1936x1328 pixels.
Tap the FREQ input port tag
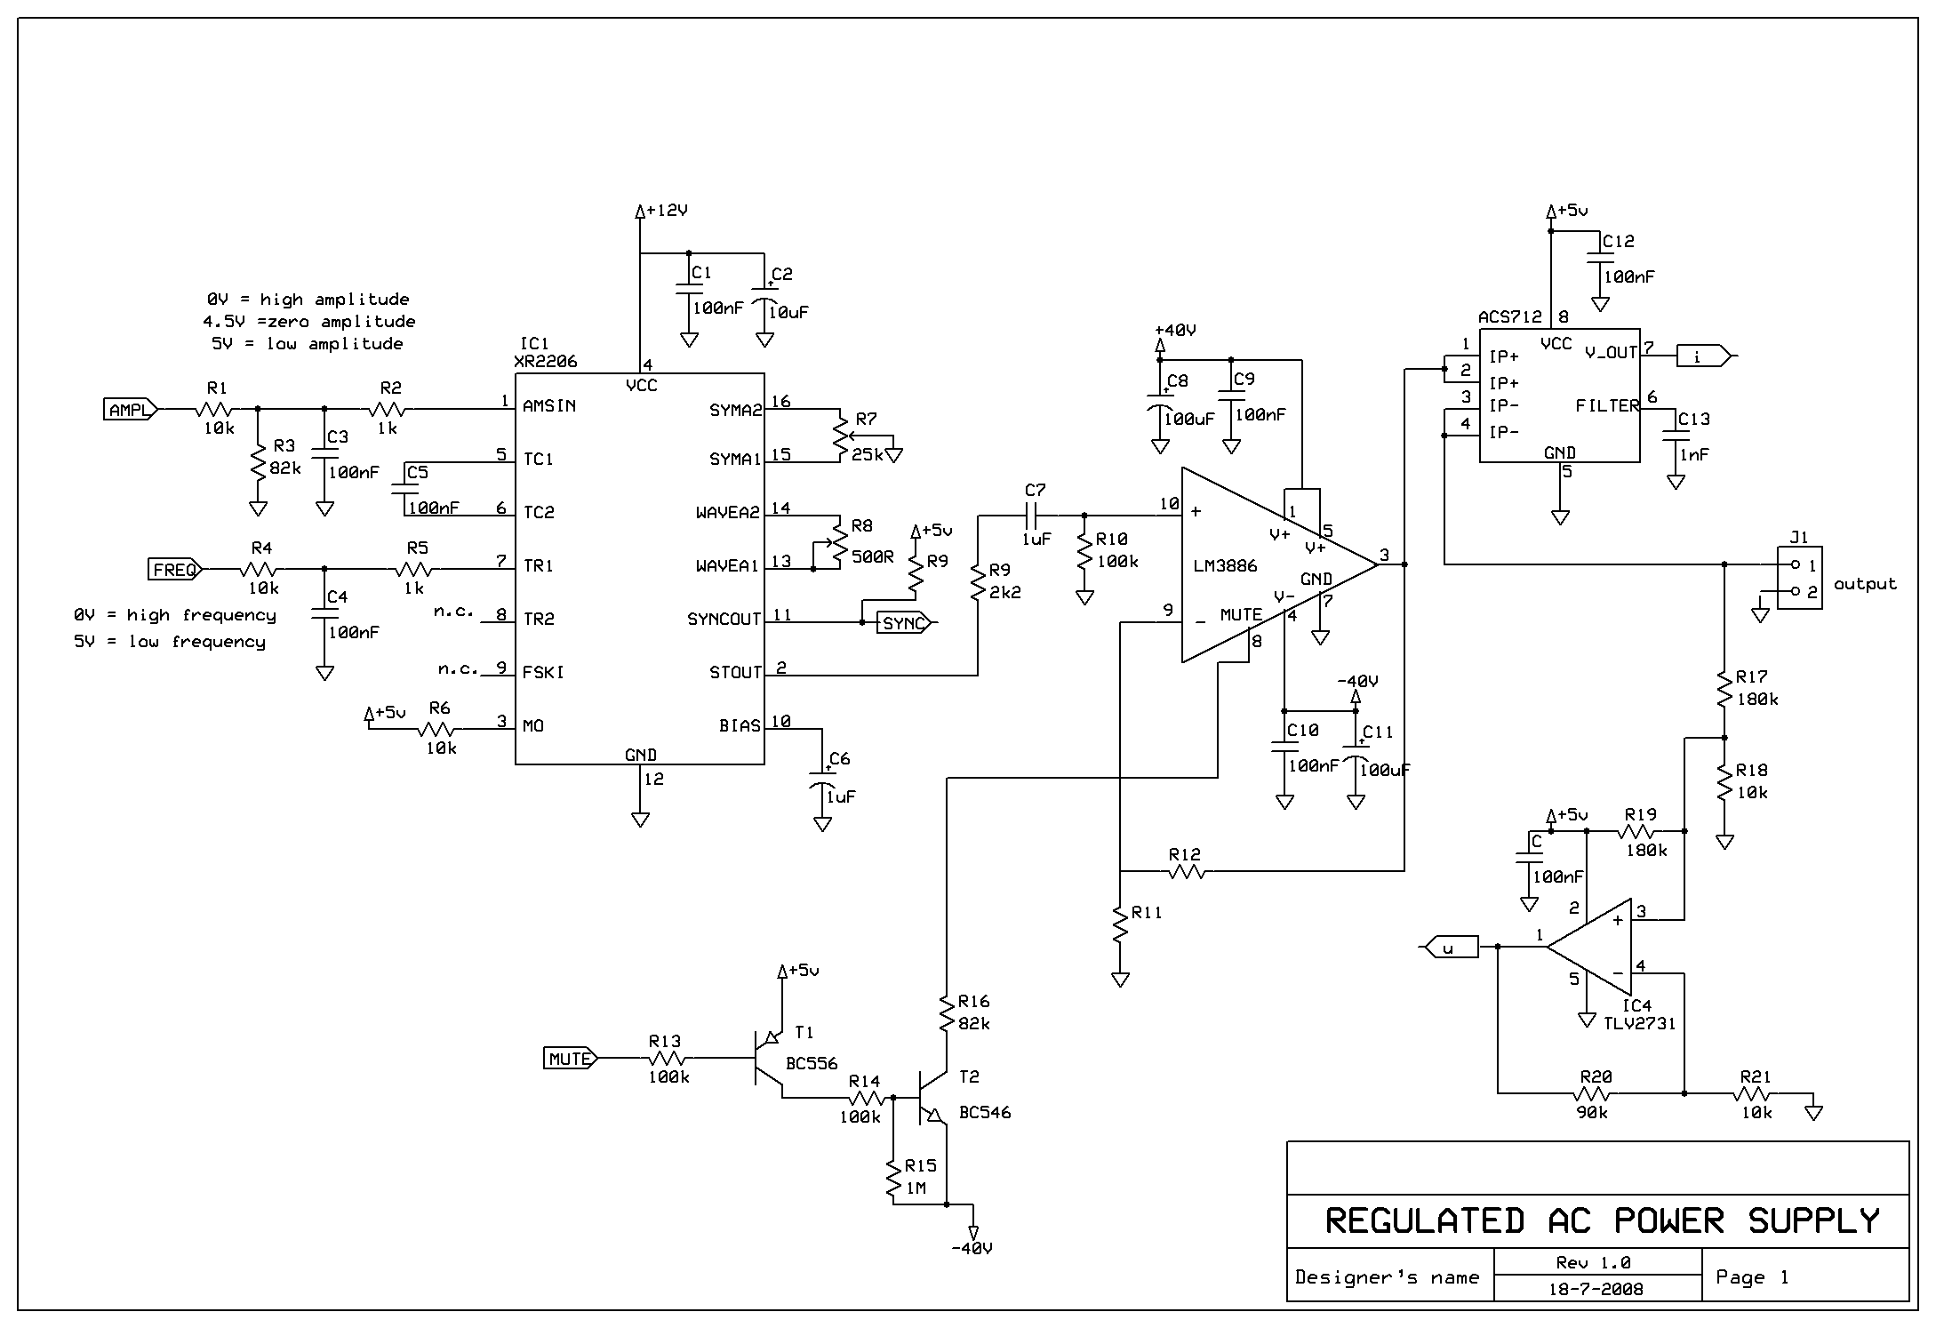175,570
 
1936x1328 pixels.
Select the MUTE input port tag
571,1059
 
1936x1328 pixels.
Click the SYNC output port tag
904,623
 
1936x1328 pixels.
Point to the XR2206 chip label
545,362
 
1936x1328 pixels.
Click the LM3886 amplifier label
1226,566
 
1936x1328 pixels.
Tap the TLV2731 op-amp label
1640,1023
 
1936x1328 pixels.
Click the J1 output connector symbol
1799,578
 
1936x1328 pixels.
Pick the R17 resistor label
1751,676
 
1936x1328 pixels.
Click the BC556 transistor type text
812,1063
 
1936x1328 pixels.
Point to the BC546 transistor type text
985,1112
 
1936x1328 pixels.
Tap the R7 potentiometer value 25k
867,454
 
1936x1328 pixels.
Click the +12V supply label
668,211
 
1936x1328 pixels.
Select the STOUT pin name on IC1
735,673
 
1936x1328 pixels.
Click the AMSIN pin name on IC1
549,406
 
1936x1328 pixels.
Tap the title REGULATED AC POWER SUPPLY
1602,1221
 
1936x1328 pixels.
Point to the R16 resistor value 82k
974,1023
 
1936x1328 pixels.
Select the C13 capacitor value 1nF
1693,454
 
